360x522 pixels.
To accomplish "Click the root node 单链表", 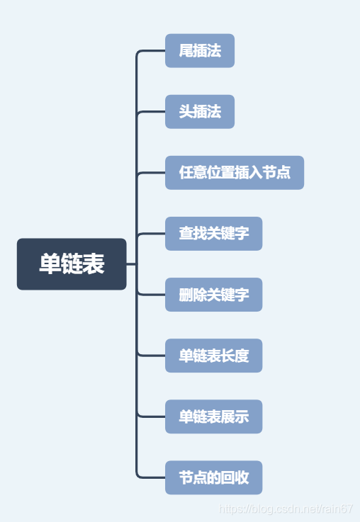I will tap(72, 264).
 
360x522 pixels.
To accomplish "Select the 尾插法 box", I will tap(200, 51).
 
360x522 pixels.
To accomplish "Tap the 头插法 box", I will tap(200, 112).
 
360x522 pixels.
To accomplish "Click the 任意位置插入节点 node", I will tap(235, 173).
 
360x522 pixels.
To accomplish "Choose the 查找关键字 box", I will tap(213, 234).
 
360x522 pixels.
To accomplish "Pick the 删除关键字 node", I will tap(213, 295).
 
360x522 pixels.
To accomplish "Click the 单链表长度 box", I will tap(213, 356).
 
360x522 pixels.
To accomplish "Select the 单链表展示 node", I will tap(213, 416).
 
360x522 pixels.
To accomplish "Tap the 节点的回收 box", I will tap(213, 477).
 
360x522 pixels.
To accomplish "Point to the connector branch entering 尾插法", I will tap(152, 51).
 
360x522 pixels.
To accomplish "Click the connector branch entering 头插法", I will tap(152, 112).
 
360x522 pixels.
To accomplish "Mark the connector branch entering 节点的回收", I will tap(152, 477).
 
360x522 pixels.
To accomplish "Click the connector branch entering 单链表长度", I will tap(152, 356).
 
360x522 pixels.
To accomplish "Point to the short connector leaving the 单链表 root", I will tap(131, 264).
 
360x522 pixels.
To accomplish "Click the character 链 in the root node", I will tap(72, 264).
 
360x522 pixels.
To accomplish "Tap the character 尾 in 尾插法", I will tap(186, 51).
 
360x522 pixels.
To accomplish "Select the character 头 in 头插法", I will tap(186, 112).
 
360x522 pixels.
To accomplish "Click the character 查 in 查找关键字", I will tap(186, 234).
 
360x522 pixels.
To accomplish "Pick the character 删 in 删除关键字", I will tap(186, 295).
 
